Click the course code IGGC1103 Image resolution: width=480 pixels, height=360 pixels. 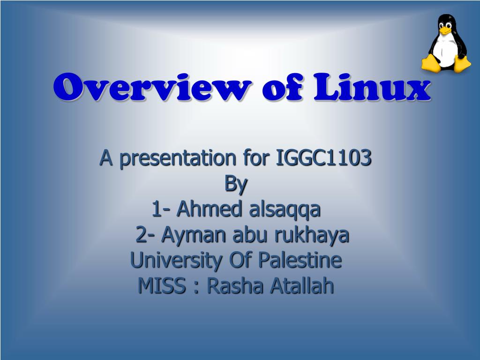(324, 158)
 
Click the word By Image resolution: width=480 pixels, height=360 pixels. (235, 184)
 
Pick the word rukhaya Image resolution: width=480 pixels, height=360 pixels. (312, 235)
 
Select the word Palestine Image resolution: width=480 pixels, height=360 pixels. (300, 260)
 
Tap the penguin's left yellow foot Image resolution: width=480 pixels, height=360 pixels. (431, 63)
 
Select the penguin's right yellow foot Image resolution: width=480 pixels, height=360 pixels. (462, 63)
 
